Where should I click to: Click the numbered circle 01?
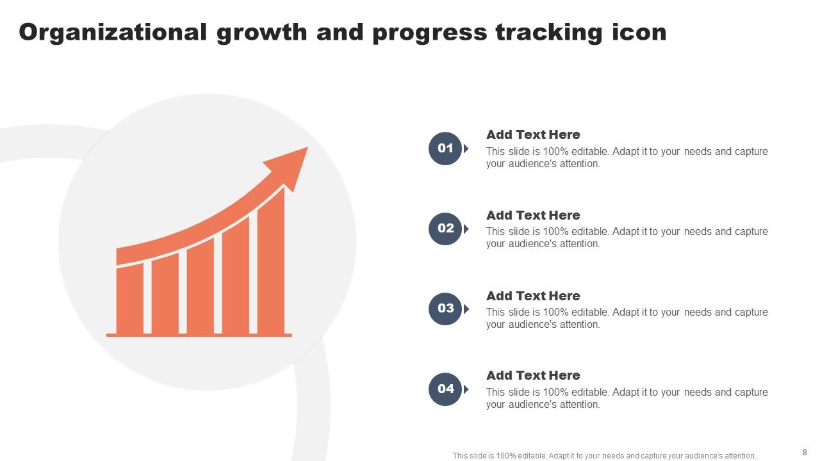pos(445,149)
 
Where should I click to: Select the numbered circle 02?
pos(445,229)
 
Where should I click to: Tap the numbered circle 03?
pos(445,309)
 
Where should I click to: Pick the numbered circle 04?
pos(445,389)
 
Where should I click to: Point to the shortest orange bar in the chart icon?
pos(129,298)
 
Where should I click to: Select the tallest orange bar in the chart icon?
pos(270,263)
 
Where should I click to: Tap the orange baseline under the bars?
pos(199,335)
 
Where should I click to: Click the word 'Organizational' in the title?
pos(113,32)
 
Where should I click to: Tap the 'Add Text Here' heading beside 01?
pos(533,135)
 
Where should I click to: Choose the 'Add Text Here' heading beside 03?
pos(533,296)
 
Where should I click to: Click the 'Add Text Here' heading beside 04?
pos(533,376)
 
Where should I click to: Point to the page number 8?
pos(805,452)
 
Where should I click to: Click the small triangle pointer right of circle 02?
pos(466,229)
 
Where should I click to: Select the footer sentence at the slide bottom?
pos(604,456)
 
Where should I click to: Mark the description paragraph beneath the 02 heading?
pos(627,238)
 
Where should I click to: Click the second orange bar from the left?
pos(165,293)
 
